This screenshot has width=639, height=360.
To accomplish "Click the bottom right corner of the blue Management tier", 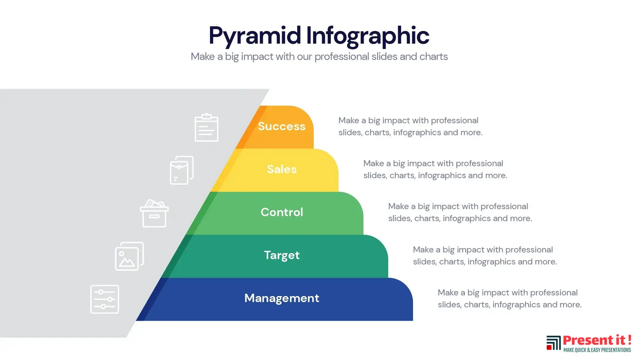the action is pyautogui.click(x=413, y=321).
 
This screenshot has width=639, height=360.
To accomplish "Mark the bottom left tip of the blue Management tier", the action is pyautogui.click(x=136, y=321).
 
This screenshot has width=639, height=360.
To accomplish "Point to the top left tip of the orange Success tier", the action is pyautogui.click(x=260, y=106).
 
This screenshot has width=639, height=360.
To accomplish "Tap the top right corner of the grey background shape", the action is pyautogui.click(x=269, y=89).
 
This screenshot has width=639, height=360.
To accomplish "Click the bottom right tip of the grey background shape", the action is pyautogui.click(x=126, y=337).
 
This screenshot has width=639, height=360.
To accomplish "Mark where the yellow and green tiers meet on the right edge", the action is pyautogui.click(x=339, y=191).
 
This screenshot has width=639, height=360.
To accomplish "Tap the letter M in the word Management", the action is pyautogui.click(x=250, y=298).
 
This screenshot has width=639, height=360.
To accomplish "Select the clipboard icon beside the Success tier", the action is pyautogui.click(x=207, y=127).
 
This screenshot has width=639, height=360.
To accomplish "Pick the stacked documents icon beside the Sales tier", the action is pyautogui.click(x=182, y=170).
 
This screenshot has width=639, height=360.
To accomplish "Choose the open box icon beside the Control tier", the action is pyautogui.click(x=154, y=213).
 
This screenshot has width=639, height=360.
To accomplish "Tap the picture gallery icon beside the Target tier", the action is pyautogui.click(x=129, y=256).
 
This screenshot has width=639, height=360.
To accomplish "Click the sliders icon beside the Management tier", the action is pyautogui.click(x=105, y=299).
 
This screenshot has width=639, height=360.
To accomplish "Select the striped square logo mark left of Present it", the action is pyautogui.click(x=553, y=343).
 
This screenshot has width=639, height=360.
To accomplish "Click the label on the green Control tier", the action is pyautogui.click(x=282, y=212).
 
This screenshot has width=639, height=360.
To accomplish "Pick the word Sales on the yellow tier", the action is pyautogui.click(x=282, y=169).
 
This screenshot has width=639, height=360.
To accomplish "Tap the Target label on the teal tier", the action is pyautogui.click(x=282, y=255).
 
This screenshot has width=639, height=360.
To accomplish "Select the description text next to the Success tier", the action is pyautogui.click(x=410, y=126).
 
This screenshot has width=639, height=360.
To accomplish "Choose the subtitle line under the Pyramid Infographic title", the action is pyautogui.click(x=319, y=57).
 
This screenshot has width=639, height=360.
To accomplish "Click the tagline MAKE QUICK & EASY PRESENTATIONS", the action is pyautogui.click(x=597, y=350).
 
